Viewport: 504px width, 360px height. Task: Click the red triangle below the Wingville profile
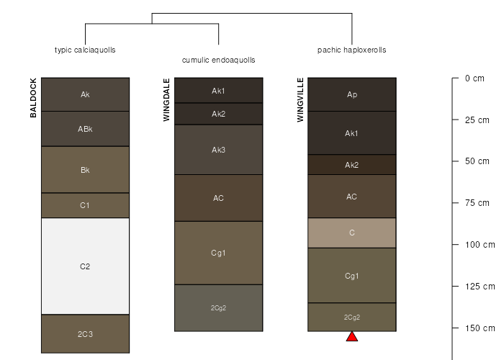click(352, 336)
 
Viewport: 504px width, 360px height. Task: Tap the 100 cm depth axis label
click(480, 245)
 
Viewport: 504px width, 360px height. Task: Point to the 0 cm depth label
click(474, 78)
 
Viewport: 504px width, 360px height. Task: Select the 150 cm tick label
click(480, 328)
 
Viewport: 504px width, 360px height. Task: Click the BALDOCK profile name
click(33, 98)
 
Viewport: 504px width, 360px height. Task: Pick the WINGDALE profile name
click(166, 100)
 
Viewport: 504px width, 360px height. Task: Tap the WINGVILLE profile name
click(300, 100)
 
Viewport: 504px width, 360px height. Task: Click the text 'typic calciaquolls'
click(85, 50)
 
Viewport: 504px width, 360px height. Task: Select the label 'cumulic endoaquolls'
click(219, 60)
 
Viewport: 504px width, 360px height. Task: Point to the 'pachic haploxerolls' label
click(352, 50)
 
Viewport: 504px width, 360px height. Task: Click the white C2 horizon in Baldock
click(85, 266)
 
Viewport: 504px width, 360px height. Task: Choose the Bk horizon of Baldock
click(85, 170)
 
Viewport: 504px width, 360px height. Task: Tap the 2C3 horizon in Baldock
click(85, 334)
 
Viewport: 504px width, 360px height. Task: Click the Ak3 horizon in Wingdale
click(219, 150)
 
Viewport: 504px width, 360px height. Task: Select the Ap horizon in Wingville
click(352, 94)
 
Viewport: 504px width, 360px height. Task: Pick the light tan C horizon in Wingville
click(352, 233)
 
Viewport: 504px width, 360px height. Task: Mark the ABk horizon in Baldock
click(85, 129)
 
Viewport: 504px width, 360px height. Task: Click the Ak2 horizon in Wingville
click(352, 165)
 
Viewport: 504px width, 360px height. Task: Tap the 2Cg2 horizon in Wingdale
click(219, 308)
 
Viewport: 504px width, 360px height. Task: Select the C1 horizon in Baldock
click(85, 205)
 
